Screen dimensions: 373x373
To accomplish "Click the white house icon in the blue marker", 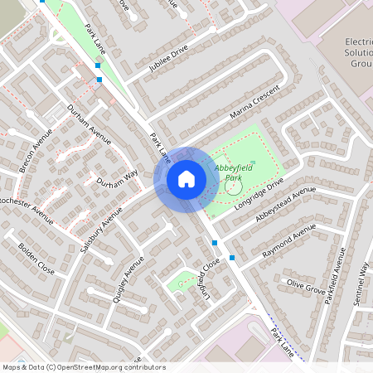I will [x=186, y=178].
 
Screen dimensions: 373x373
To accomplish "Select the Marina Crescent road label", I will [x=257, y=103].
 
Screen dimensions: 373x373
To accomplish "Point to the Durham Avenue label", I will [x=89, y=126].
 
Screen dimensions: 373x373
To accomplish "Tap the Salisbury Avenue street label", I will [x=103, y=221].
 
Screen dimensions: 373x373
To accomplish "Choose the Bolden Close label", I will [x=34, y=259].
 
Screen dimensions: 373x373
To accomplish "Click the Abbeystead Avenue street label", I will [x=286, y=203].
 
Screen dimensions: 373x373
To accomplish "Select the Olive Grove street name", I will [x=306, y=287].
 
